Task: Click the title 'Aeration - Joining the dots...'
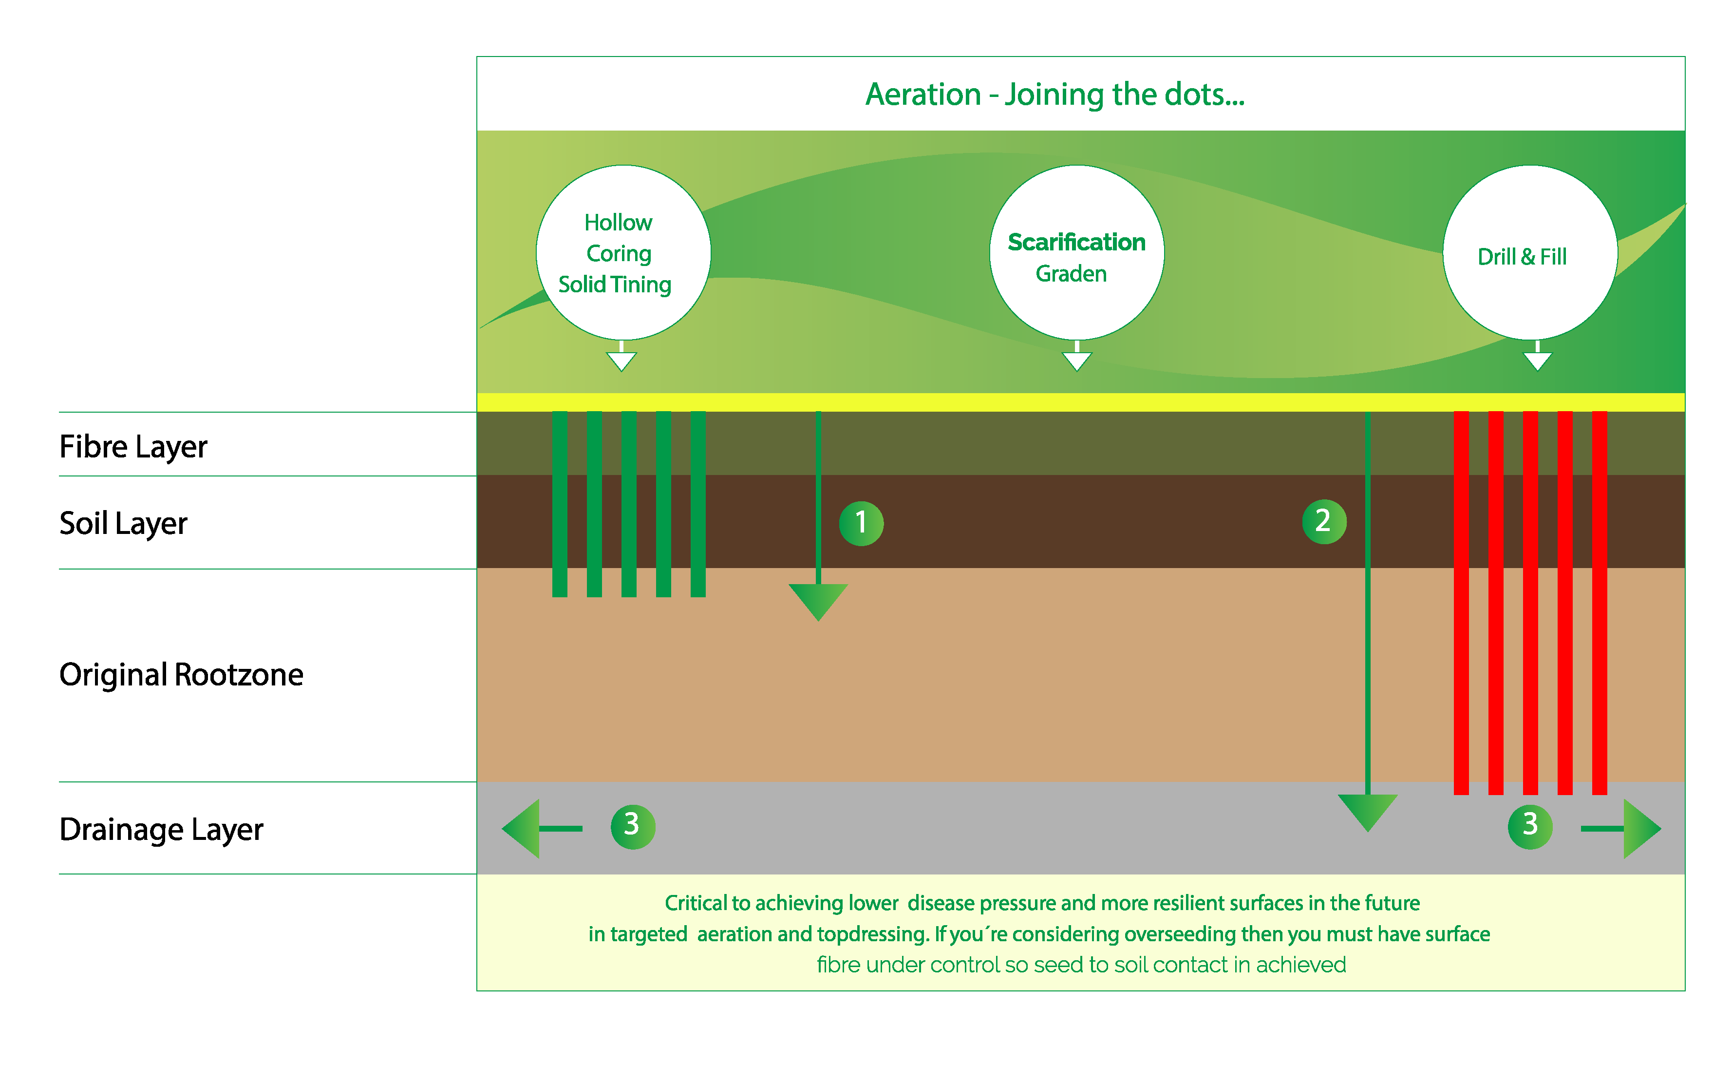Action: [x=1054, y=95]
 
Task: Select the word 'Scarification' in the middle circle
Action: [x=1075, y=242]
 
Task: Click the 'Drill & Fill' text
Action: [x=1522, y=256]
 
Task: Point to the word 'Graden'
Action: [x=1071, y=274]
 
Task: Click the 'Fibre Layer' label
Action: [x=133, y=447]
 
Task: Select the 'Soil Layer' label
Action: [x=123, y=524]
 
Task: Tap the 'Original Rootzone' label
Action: [x=181, y=675]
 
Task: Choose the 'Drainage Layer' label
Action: [x=161, y=830]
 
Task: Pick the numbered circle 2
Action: [x=1323, y=521]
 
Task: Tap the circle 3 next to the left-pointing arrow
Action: [x=632, y=827]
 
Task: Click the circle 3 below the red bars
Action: [x=1529, y=827]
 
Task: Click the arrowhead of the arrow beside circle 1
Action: [x=818, y=600]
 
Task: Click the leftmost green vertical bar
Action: [x=560, y=504]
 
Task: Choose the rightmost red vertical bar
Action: [x=1599, y=602]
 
